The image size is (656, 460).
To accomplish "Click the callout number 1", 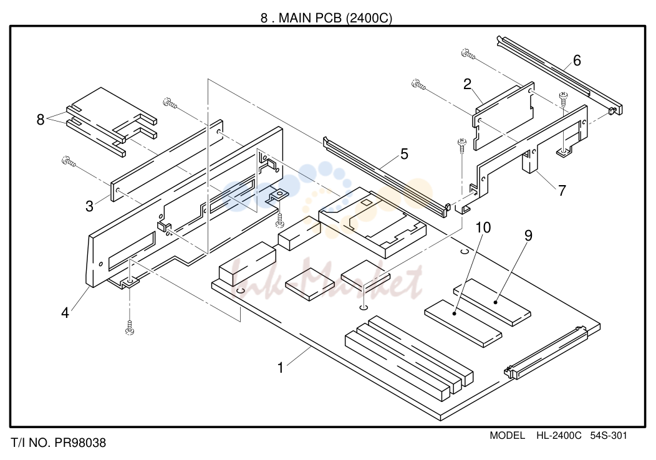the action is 281,368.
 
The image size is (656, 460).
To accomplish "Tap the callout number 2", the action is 467,85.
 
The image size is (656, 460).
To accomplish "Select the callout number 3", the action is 89,206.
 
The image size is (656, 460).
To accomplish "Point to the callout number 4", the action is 65,312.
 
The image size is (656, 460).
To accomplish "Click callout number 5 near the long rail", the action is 404,154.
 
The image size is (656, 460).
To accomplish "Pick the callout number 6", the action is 577,60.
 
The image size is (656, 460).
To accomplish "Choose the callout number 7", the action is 562,191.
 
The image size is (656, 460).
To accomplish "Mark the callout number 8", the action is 40,120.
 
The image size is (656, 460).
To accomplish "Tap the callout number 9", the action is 528,236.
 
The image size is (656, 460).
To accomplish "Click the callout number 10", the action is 483,228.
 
